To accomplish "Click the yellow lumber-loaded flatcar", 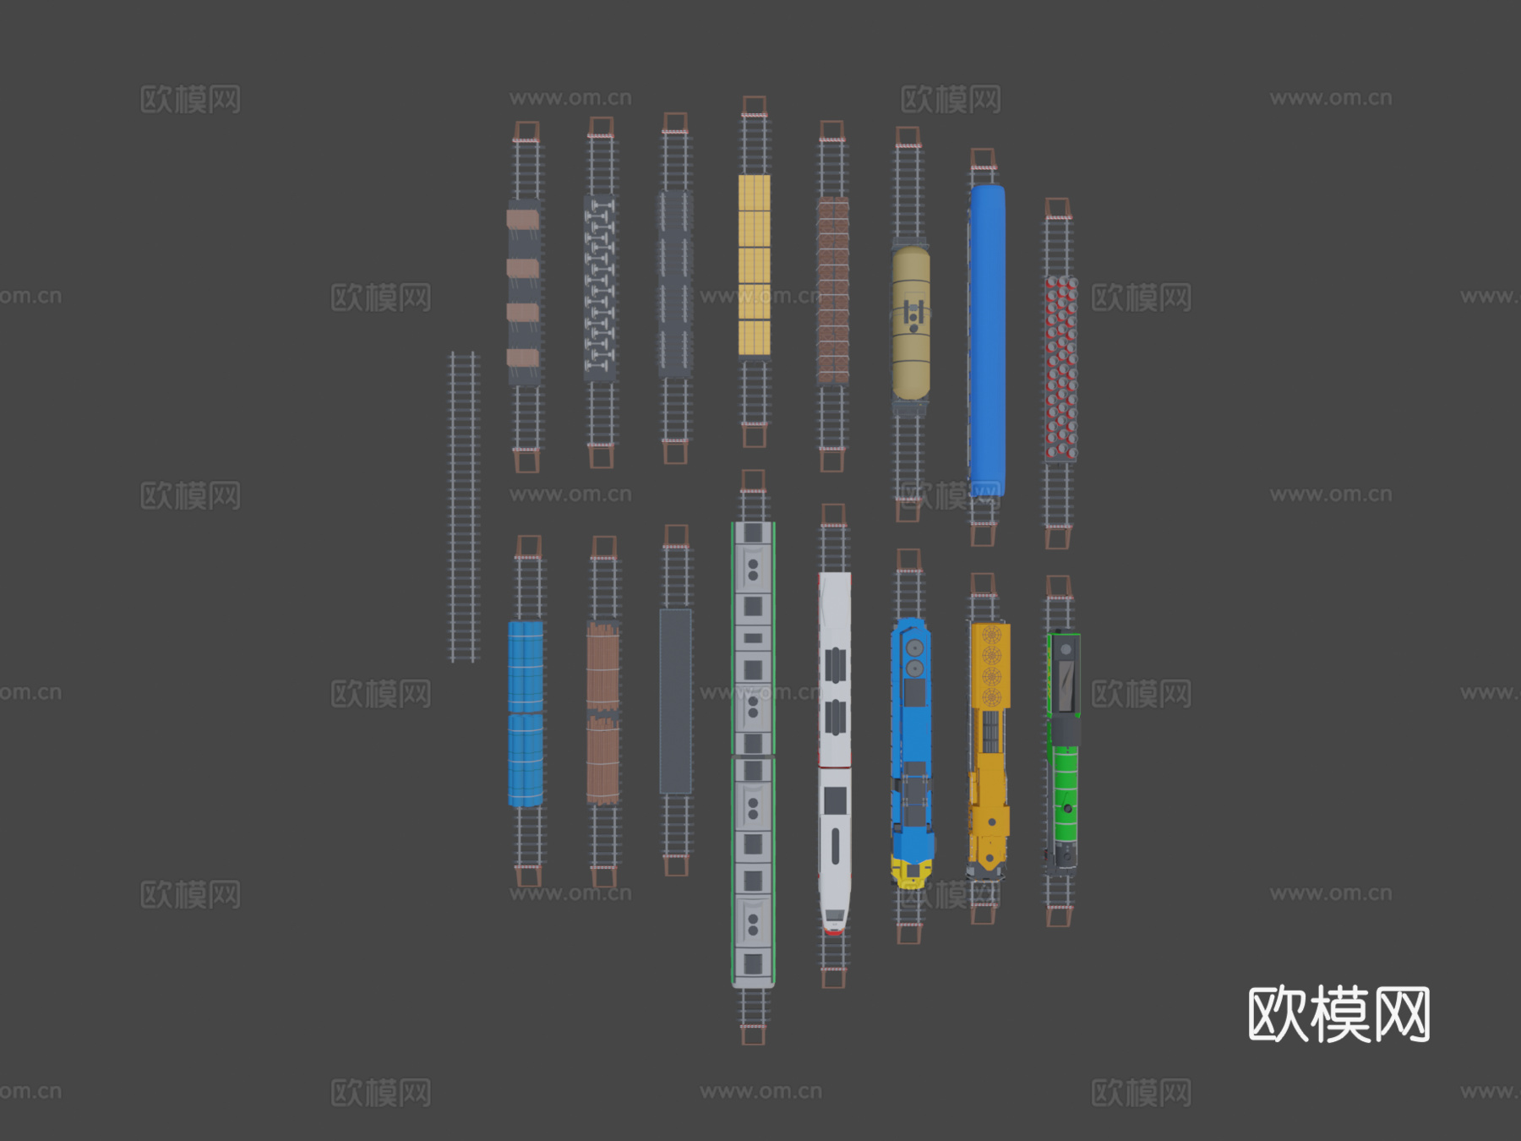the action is click(x=754, y=265).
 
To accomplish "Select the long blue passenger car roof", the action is click(x=987, y=340).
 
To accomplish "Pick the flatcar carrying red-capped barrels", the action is click(x=1061, y=369).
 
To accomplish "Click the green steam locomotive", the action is click(x=1064, y=751).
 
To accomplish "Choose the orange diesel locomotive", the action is click(x=989, y=749).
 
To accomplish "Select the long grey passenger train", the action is click(x=753, y=754).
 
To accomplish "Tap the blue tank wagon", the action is click(x=526, y=714).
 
